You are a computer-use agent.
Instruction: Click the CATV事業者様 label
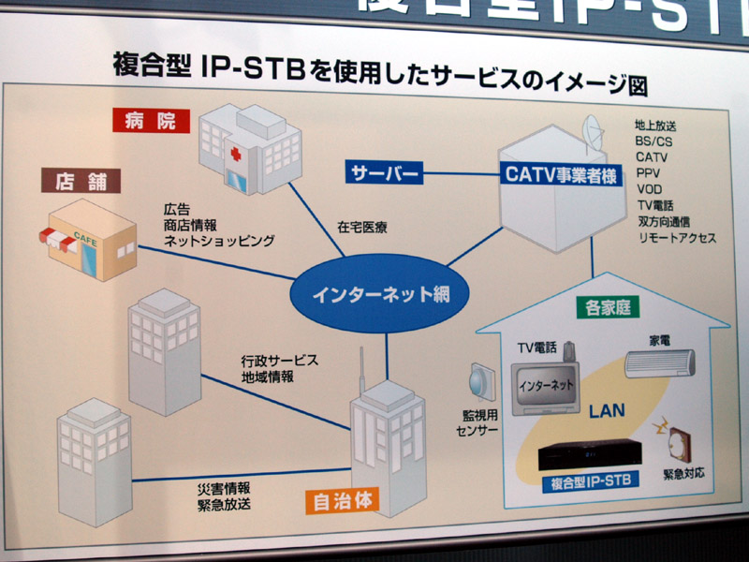[x=559, y=174]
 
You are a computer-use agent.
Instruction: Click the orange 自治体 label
[x=343, y=500]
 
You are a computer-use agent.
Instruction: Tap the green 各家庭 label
[x=602, y=308]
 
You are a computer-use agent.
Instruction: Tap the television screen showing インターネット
[x=544, y=384]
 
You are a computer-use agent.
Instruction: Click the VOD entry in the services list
[x=649, y=189]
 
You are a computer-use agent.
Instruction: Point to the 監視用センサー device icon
[x=478, y=379]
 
